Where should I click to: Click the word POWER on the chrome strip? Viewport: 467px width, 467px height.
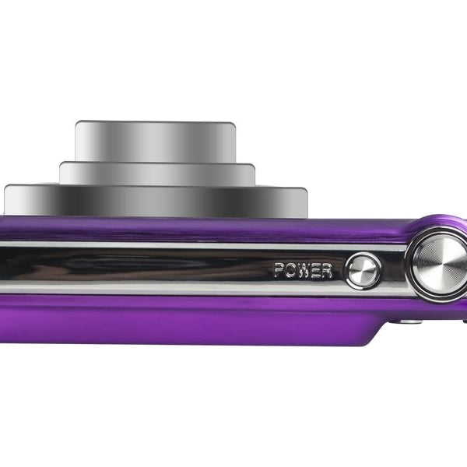303,271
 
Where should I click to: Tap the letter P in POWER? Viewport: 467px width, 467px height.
279,271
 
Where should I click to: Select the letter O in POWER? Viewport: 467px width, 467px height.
290,271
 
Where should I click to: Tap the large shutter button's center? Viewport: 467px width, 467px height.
440,263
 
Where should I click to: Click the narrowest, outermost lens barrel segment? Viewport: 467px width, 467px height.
155,141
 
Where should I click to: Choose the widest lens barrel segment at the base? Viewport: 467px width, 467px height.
156,201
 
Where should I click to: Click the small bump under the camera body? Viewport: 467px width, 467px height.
407,320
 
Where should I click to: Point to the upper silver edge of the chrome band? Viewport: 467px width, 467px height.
195,245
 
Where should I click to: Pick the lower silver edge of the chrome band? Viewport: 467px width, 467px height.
195,290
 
